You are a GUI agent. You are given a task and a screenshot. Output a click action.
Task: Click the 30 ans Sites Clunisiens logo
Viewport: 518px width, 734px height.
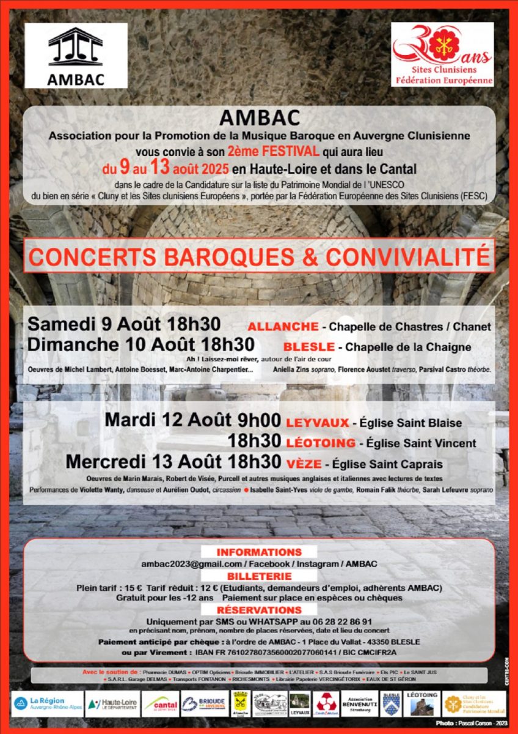click(442, 54)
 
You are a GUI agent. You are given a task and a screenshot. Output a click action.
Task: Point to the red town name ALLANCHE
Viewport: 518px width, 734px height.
click(283, 327)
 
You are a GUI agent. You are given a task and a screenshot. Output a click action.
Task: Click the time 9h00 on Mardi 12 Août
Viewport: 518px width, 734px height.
click(259, 421)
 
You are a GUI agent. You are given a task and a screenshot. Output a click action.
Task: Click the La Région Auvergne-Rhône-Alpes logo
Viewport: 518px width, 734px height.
click(48, 703)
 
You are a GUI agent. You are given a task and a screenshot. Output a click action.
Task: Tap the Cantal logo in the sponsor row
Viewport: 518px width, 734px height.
click(161, 704)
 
